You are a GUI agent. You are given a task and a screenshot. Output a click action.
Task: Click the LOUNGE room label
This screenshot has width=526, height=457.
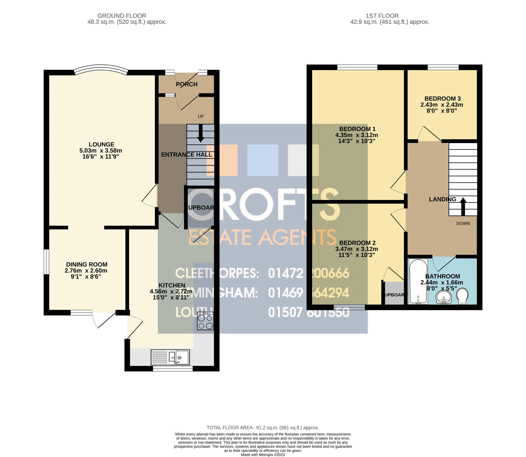tap(101, 144)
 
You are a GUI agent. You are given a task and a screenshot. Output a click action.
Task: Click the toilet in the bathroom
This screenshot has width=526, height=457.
tap(462, 296)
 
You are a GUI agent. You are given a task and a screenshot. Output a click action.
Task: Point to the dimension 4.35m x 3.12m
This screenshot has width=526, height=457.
tap(357, 135)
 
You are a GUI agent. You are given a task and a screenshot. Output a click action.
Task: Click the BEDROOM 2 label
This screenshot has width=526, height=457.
tap(357, 243)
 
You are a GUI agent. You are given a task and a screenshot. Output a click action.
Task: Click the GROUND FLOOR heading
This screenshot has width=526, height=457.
tap(122, 16)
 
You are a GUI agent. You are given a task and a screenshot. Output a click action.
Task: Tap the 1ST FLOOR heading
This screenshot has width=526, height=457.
tap(382, 16)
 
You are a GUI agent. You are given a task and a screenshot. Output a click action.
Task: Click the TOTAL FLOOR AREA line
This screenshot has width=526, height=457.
tap(263, 427)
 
